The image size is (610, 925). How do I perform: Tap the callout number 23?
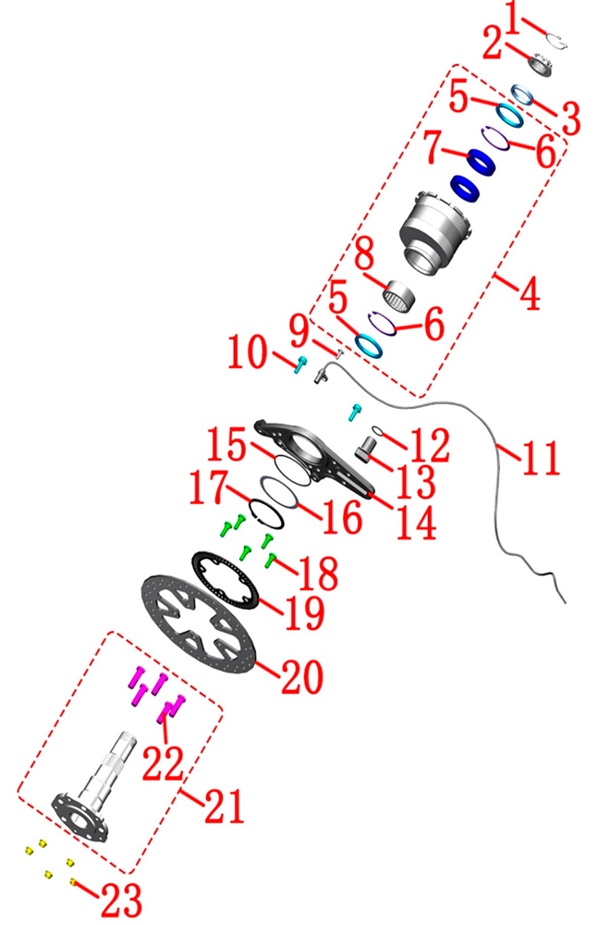pyautogui.click(x=121, y=900)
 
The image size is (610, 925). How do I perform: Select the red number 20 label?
pyautogui.click(x=302, y=676)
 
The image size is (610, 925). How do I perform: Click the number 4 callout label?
pyautogui.click(x=531, y=292)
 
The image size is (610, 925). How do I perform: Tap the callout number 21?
pyautogui.click(x=224, y=806)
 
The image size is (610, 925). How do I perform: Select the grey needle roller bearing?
pyautogui.click(x=399, y=295)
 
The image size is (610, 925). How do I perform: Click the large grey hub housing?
pyautogui.click(x=436, y=231)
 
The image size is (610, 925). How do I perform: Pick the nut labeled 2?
pyautogui.click(x=541, y=64)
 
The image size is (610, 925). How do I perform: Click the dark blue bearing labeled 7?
pyautogui.click(x=482, y=162)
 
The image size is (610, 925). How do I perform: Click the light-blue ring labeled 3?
pyautogui.click(x=523, y=93)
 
